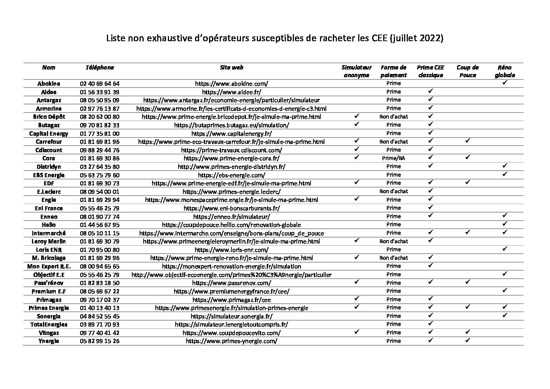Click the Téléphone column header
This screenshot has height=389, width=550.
pyautogui.click(x=100, y=68)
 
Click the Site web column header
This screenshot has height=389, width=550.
pyautogui.click(x=231, y=68)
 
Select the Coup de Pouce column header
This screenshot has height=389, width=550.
pyautogui.click(x=467, y=71)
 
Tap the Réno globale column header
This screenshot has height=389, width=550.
pyautogui.click(x=504, y=71)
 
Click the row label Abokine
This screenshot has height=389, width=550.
pyautogui.click(x=48, y=83)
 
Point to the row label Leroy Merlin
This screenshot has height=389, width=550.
pyautogui.click(x=48, y=242)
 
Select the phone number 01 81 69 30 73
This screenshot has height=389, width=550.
pyautogui.click(x=100, y=183)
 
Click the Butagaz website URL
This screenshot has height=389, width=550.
pyautogui.click(x=231, y=125)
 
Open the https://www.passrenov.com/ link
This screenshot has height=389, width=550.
pyautogui.click(x=231, y=283)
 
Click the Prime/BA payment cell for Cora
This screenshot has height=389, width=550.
pyautogui.click(x=393, y=158)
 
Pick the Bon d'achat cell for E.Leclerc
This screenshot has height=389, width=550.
pyautogui.click(x=393, y=192)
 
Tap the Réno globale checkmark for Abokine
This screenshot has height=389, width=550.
pyautogui.click(x=505, y=83)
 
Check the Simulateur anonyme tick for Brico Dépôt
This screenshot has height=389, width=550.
pyautogui.click(x=356, y=116)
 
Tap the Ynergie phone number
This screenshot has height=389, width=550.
pyautogui.click(x=100, y=341)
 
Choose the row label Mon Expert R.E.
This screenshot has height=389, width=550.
pyautogui.click(x=48, y=267)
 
